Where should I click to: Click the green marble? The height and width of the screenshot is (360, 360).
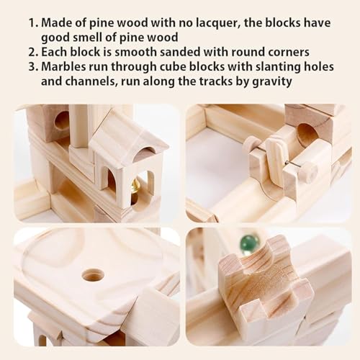pos(250,242)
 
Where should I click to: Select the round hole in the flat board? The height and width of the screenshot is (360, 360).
pos(93,275)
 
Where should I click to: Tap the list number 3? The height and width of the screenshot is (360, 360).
pos(33,66)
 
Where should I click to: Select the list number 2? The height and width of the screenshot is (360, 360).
pos(33,52)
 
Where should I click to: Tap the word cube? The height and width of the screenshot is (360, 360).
pos(173,66)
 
